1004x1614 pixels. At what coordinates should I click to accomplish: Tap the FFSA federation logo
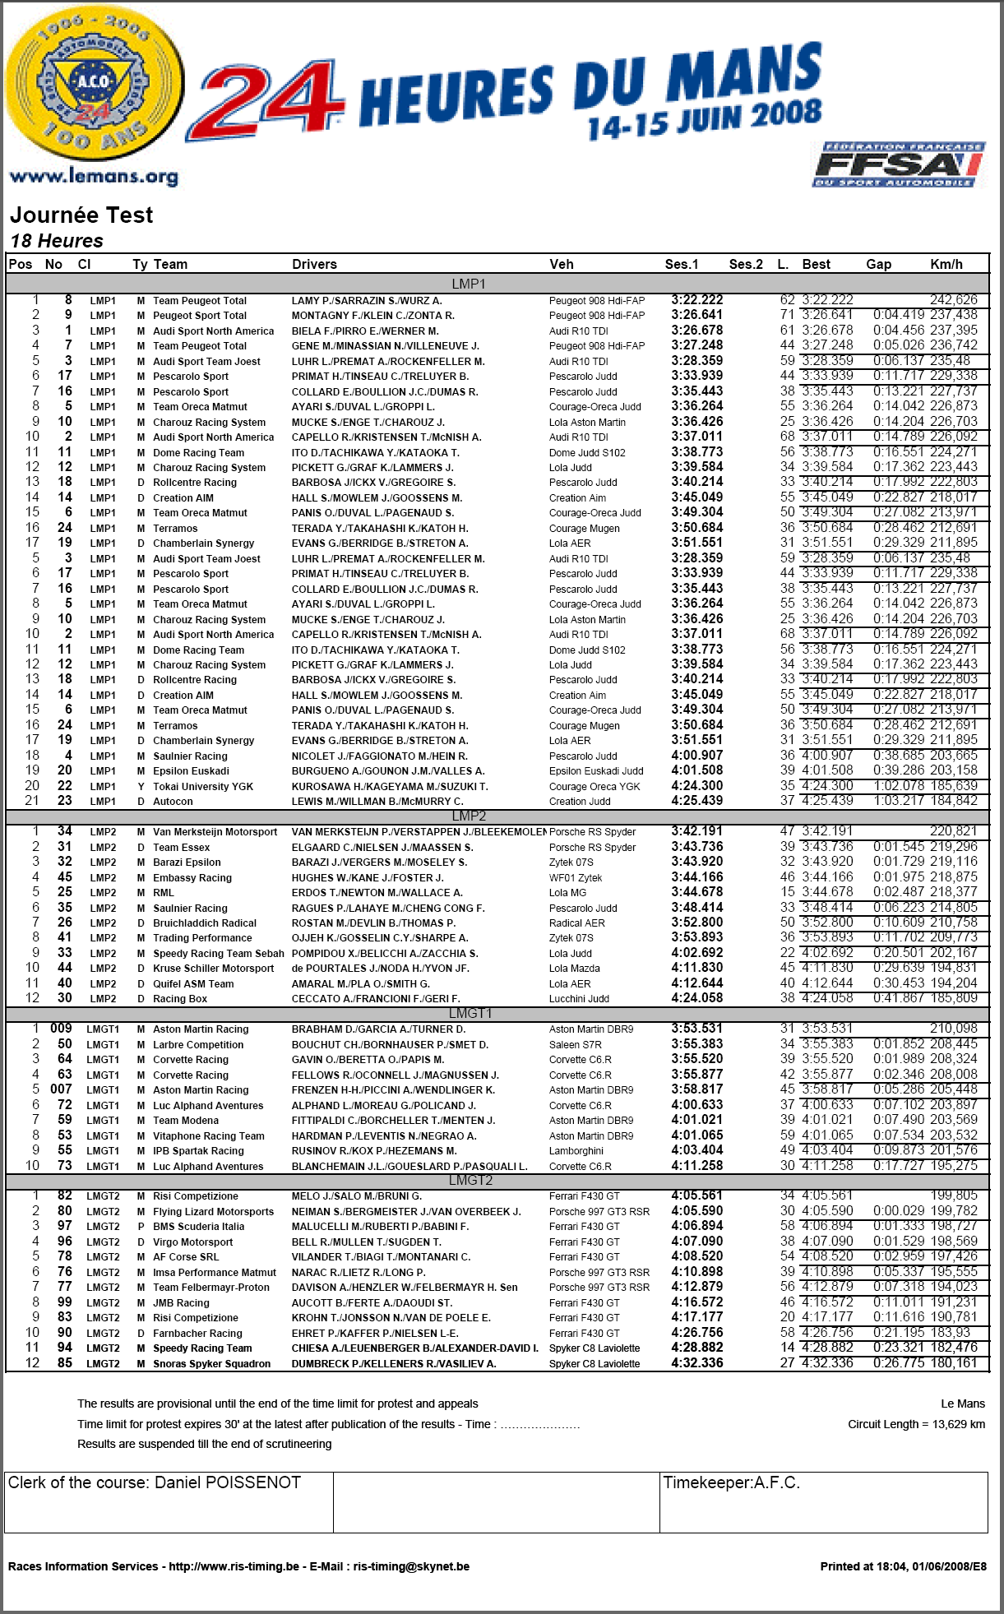coord(898,165)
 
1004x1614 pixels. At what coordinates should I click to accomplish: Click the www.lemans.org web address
coord(94,177)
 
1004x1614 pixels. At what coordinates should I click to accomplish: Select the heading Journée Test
coord(81,215)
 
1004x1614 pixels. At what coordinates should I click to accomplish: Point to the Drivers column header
coord(314,265)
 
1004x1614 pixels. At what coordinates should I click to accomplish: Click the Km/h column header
coord(946,265)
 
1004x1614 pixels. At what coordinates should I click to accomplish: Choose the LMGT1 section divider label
coord(470,1014)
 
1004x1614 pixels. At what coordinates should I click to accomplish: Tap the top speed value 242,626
coord(954,300)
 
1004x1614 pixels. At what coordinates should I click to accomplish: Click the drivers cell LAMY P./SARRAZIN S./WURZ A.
coord(367,301)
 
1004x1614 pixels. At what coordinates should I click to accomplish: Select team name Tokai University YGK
coord(203,787)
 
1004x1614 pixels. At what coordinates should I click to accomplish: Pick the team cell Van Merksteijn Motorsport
coord(215,832)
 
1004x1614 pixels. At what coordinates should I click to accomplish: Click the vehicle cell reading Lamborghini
coord(576,1151)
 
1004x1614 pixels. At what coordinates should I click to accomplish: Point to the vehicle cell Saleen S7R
coord(576,1045)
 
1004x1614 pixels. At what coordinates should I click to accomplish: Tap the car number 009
coord(62,1029)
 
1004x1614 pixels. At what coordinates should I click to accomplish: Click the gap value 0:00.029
coord(899,1211)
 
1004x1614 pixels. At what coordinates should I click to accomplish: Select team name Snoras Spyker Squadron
coord(211,1364)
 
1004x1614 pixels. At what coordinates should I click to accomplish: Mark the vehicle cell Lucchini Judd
coord(580,999)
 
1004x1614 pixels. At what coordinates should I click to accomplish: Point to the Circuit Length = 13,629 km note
coord(916,1424)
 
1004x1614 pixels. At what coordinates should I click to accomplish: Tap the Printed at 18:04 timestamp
coord(903,1566)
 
